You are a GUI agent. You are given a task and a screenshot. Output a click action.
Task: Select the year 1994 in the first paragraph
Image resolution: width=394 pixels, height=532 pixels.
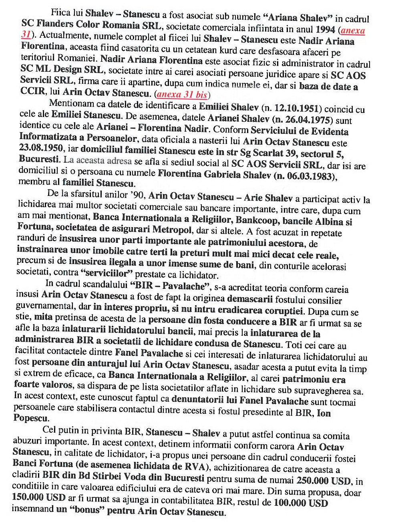pos(325,29)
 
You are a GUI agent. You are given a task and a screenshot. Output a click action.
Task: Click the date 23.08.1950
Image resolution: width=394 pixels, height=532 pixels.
pos(40,148)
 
